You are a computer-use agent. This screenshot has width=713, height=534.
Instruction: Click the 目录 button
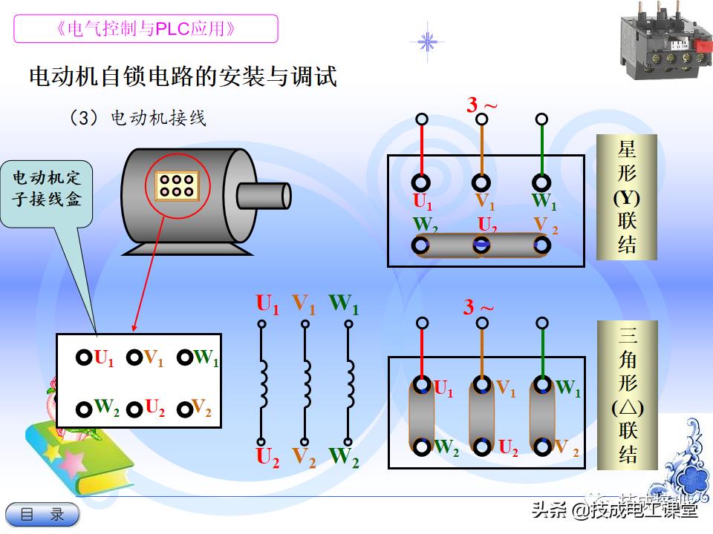point(42,514)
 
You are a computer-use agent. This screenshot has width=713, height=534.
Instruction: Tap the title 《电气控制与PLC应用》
point(146,29)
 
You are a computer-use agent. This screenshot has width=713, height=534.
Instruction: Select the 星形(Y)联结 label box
point(627,197)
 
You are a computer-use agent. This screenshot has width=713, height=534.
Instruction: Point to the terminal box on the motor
point(176,185)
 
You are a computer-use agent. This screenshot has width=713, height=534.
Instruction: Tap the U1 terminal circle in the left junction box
point(84,357)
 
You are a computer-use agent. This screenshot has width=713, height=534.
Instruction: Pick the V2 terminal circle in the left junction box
point(183,409)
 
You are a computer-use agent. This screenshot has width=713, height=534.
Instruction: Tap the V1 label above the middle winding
point(303,303)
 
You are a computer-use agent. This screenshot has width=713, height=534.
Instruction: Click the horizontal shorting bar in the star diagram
point(482,245)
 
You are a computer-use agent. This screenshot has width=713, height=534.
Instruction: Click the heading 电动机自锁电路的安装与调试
point(183,76)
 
